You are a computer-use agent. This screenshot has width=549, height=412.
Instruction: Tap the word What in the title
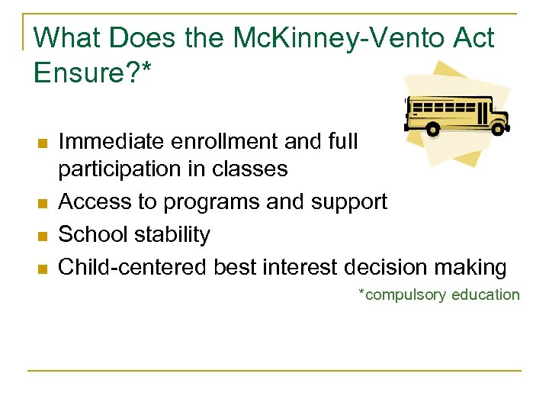click(66, 37)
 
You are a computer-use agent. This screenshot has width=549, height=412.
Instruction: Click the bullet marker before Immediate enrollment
click(42, 143)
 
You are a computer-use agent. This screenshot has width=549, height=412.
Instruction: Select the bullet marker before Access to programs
click(42, 202)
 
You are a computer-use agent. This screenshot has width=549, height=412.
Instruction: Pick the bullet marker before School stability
click(42, 235)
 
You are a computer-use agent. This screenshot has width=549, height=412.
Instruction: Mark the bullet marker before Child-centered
click(42, 268)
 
